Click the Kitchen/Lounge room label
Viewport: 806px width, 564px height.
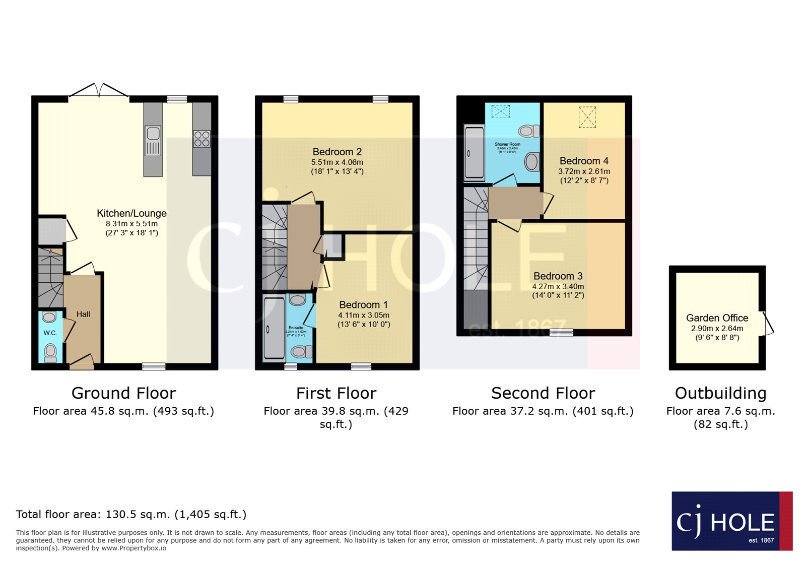(131, 213)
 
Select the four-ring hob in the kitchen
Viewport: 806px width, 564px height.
(201, 139)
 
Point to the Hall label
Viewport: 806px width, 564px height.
(83, 314)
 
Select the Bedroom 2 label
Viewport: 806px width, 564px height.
(337, 152)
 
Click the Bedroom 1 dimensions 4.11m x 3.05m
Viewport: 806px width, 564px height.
(364, 315)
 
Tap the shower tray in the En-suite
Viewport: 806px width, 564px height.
(274, 328)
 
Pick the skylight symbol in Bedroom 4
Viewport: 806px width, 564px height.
(587, 117)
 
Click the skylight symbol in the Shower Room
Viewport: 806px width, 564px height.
(500, 111)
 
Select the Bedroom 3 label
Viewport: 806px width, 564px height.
(558, 276)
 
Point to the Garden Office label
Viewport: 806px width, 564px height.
(717, 318)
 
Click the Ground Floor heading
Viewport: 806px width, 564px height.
(123, 393)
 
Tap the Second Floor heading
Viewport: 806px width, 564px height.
(543, 393)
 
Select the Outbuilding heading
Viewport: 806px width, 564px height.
(720, 393)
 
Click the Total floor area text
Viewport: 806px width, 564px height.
(131, 514)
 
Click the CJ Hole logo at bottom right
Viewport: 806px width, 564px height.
(731, 521)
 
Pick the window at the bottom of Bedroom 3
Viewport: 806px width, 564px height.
(561, 332)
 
